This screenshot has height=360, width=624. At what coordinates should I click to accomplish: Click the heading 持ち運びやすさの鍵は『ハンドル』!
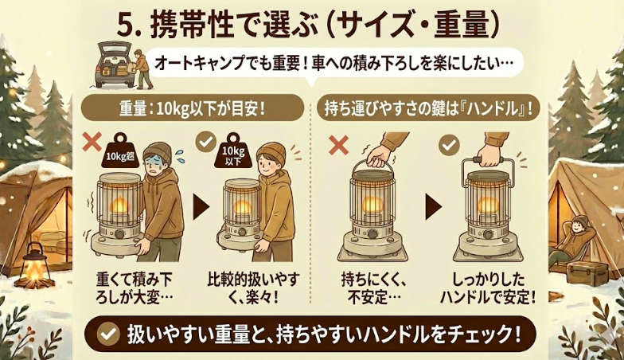coord(426,108)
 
